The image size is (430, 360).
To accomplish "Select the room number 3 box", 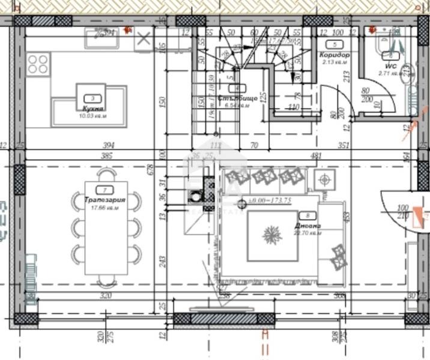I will tap(92, 98).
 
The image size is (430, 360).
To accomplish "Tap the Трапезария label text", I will tap(104, 200).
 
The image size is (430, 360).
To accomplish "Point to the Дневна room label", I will tap(307, 226).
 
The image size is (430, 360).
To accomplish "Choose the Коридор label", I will tap(335, 55).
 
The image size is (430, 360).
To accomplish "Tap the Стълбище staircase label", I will tap(238, 98).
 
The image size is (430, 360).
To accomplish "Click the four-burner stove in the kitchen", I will tap(38, 63).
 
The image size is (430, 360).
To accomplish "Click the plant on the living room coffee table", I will tap(273, 235).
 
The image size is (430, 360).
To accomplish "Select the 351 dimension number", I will tap(344, 145).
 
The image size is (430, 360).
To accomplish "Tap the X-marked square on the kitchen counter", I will tap(143, 40).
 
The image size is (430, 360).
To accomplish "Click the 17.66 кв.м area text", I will tap(104, 208).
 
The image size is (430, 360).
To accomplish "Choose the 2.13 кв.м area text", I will tap(335, 61).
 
